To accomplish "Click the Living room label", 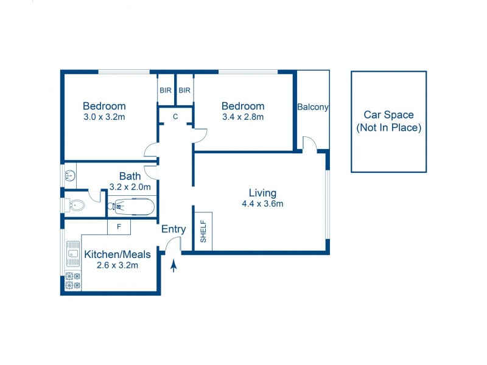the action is (x=262, y=193).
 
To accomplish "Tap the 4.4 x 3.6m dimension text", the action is (x=262, y=204).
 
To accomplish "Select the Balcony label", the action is (x=313, y=107).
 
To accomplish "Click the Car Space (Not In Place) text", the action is (x=388, y=121).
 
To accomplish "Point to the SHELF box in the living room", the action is (x=203, y=231).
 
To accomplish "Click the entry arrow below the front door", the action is (x=174, y=266).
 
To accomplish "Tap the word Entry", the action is (x=173, y=229).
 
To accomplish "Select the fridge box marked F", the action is (x=119, y=227).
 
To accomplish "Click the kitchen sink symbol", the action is (x=73, y=254).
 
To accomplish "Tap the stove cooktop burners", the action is (x=73, y=280).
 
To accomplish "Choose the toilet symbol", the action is (x=74, y=205).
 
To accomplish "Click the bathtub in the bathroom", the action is (x=131, y=207).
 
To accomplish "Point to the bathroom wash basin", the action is (x=70, y=176).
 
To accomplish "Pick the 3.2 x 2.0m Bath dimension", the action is (x=130, y=187).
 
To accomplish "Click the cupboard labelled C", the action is (x=175, y=116).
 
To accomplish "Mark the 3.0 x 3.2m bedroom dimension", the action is (x=104, y=117).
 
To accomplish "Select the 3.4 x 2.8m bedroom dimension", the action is (x=243, y=117).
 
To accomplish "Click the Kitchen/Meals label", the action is (x=117, y=254).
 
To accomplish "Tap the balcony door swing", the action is (x=310, y=144).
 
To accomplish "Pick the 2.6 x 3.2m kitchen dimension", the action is (x=117, y=265).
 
